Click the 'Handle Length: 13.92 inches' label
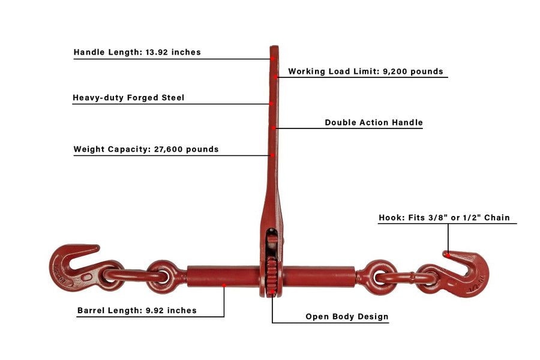137,52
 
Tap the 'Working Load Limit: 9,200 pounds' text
366,71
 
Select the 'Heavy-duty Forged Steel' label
128,97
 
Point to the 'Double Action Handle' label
374,122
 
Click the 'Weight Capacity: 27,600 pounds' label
146,149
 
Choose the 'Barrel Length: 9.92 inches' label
137,310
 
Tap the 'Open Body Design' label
347,317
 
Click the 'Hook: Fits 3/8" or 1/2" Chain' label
444,218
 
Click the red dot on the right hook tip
448,255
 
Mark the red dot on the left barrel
224,285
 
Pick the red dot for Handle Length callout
272,59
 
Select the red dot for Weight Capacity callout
272,155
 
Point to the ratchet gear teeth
272,275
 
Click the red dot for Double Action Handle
274,128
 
